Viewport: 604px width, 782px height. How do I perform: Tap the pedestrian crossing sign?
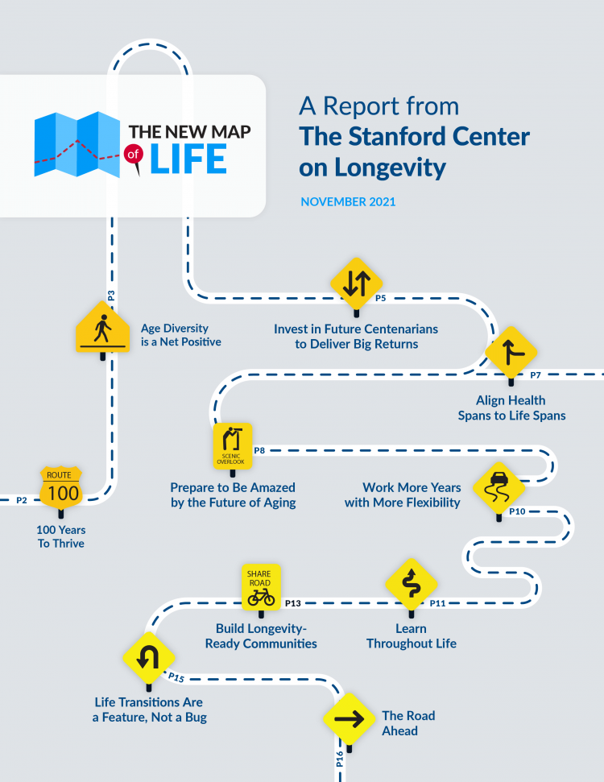tap(102, 329)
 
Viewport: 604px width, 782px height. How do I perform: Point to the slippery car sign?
tap(499, 486)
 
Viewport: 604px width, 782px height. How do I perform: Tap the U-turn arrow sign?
tap(147, 658)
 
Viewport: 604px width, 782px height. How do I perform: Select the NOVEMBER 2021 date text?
tap(348, 201)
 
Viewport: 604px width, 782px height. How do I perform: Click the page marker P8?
tap(259, 450)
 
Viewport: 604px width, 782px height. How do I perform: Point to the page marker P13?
tap(292, 603)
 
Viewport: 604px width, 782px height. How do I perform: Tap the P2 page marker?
tap(22, 500)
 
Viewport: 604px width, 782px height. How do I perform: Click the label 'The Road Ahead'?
tap(407, 723)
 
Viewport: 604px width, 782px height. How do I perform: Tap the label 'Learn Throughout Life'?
tap(412, 635)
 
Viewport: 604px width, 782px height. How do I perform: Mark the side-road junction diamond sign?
tap(511, 352)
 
